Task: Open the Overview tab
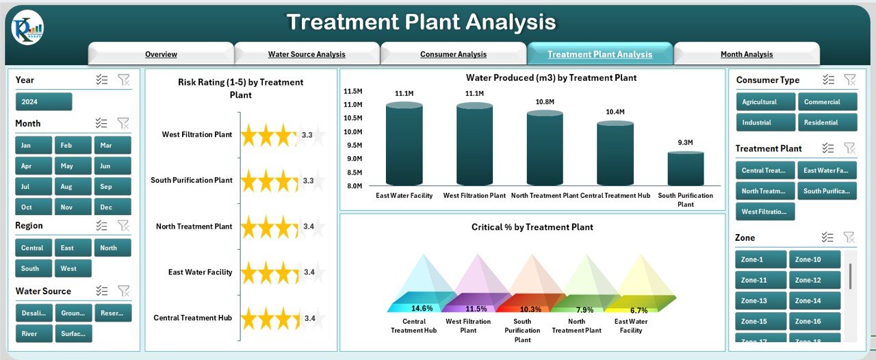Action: [161, 54]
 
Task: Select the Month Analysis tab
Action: [746, 54]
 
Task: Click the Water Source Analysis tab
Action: [307, 54]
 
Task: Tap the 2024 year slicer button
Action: [44, 102]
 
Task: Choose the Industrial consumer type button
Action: [766, 123]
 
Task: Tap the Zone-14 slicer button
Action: [814, 301]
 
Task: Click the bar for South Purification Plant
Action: [685, 169]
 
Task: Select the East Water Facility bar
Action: [404, 144]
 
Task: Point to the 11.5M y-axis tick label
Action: [352, 91]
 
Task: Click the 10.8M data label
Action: [545, 102]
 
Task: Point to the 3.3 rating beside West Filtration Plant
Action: [308, 136]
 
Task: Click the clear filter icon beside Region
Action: [123, 225]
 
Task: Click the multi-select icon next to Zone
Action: [827, 237]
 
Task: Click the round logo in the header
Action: [27, 28]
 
